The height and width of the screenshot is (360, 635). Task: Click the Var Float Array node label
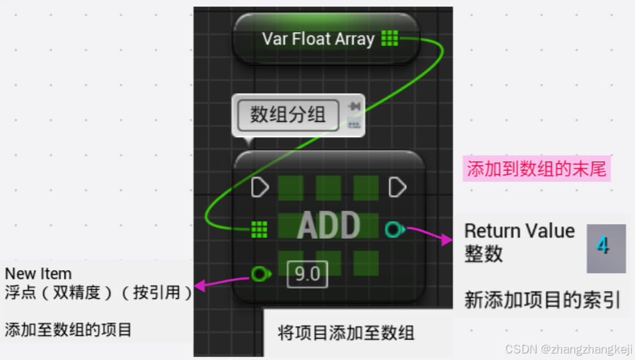(x=318, y=39)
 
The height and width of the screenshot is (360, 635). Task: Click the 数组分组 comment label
(x=288, y=115)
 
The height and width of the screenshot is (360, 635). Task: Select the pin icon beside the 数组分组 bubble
(x=355, y=107)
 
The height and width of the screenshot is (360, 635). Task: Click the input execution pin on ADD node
(x=260, y=188)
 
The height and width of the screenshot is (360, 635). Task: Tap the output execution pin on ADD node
(x=397, y=188)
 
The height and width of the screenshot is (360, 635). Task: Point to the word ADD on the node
(x=328, y=226)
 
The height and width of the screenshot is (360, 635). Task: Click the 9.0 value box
(x=307, y=275)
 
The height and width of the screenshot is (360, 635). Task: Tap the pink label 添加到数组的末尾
(x=536, y=170)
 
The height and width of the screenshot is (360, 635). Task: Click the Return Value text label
(x=520, y=231)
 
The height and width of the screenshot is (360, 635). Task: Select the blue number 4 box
(x=606, y=245)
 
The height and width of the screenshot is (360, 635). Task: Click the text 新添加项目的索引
(x=542, y=299)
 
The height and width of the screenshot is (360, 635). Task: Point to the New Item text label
(x=39, y=274)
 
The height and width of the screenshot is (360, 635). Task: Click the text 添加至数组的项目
(x=69, y=330)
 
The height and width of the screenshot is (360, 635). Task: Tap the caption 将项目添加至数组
(x=346, y=333)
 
